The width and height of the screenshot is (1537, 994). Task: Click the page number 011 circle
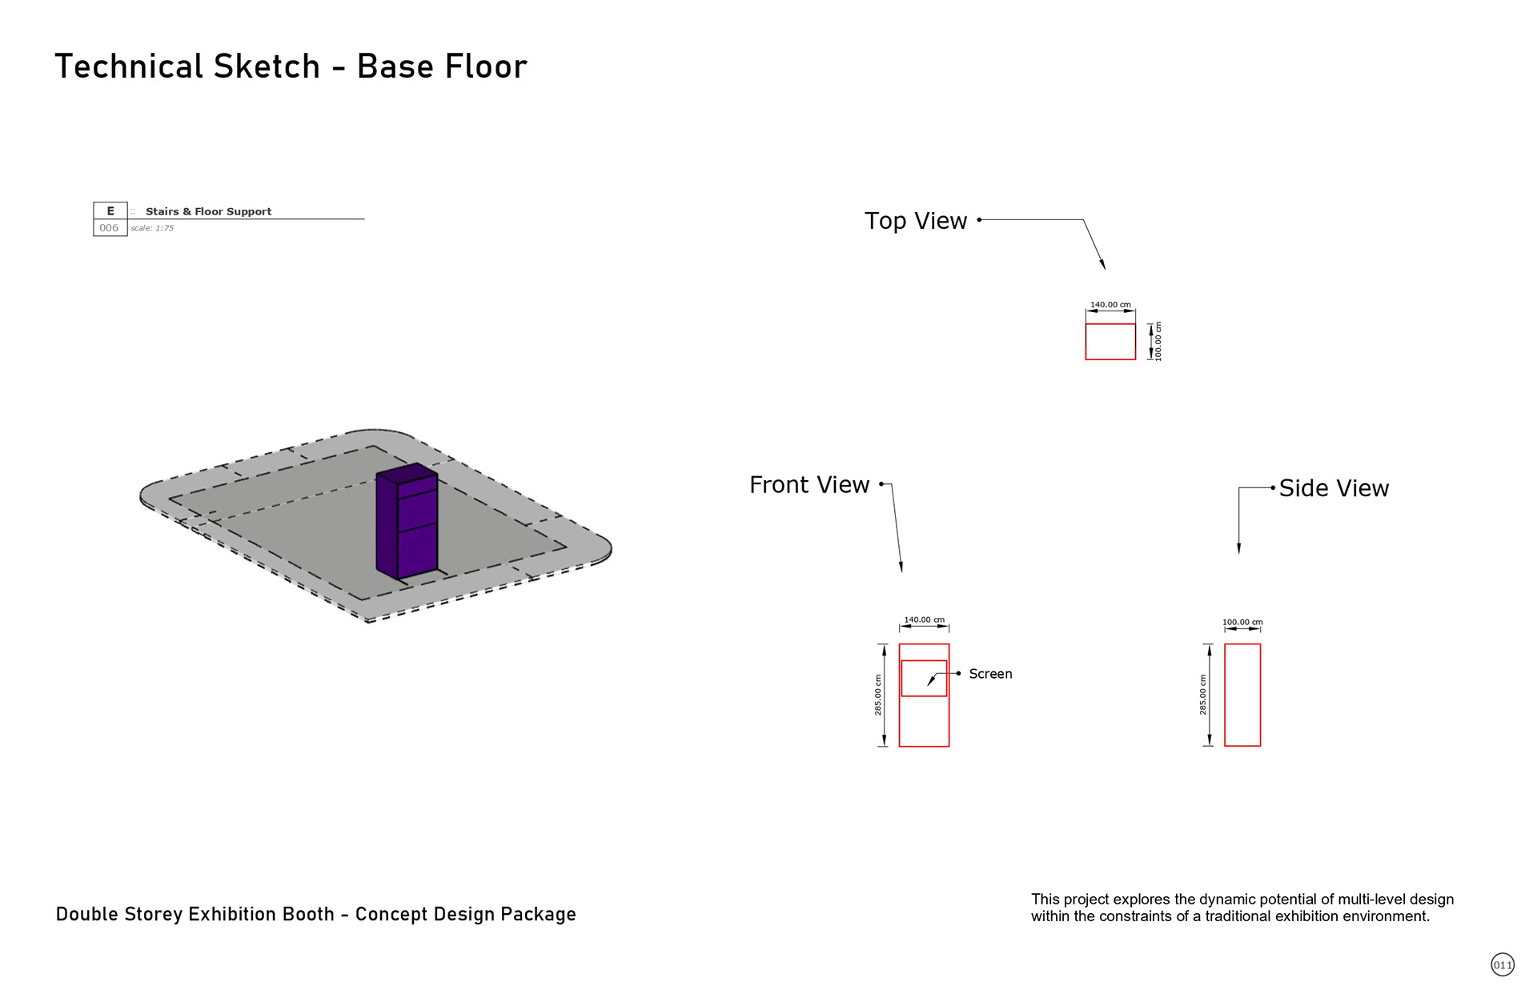(x=1503, y=964)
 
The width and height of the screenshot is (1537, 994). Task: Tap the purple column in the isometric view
(x=407, y=522)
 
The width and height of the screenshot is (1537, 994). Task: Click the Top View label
(x=916, y=221)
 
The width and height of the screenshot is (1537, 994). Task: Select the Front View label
(x=809, y=485)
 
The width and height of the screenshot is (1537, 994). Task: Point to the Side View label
(x=1334, y=488)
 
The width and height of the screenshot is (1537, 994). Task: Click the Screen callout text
(x=990, y=674)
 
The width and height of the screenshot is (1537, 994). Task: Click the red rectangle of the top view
(x=1110, y=342)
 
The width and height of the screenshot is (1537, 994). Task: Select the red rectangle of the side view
(x=1242, y=695)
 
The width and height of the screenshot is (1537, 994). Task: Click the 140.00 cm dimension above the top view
(x=1110, y=305)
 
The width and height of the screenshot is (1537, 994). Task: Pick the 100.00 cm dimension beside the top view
(x=1158, y=342)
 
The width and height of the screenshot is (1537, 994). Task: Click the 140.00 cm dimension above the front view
(x=924, y=620)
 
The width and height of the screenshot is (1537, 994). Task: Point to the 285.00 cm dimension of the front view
(x=878, y=695)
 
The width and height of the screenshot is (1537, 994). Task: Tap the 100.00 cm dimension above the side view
(x=1242, y=622)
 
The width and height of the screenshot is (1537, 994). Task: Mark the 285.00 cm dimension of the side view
(x=1203, y=695)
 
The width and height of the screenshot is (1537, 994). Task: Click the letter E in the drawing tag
(x=110, y=211)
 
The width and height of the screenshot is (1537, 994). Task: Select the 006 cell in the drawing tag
(x=109, y=228)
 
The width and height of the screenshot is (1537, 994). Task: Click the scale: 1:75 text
(x=152, y=228)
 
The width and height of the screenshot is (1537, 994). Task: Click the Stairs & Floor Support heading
(x=208, y=211)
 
